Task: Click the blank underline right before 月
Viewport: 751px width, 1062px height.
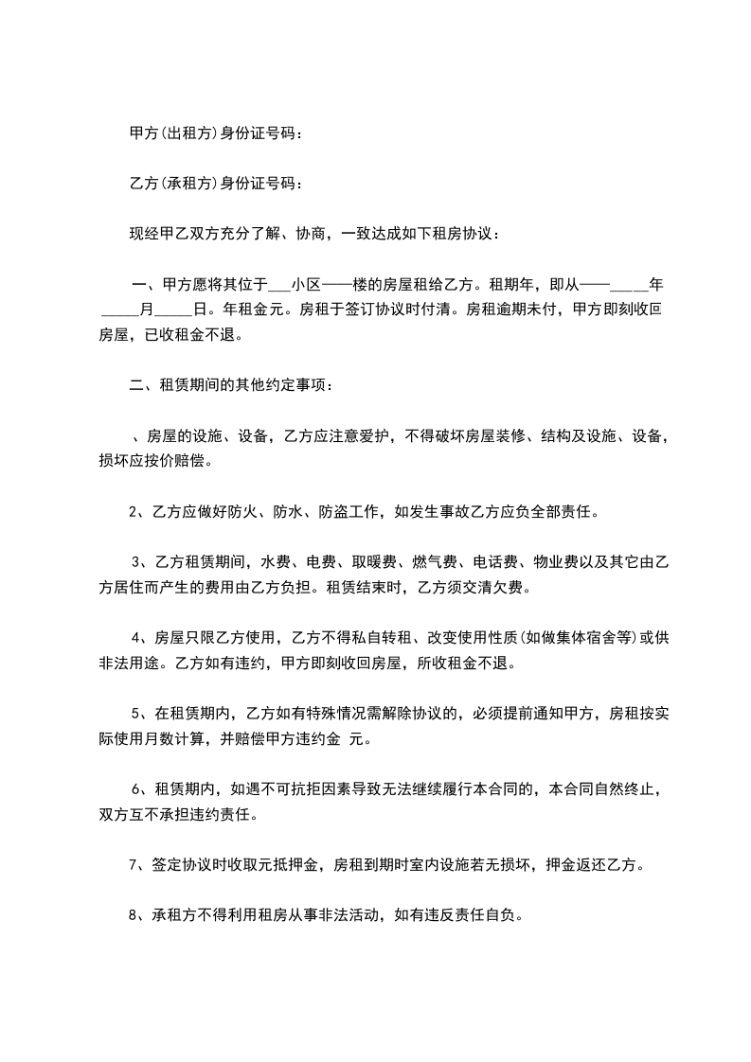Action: [119, 309]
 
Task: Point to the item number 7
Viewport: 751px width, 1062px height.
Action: [132, 864]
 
